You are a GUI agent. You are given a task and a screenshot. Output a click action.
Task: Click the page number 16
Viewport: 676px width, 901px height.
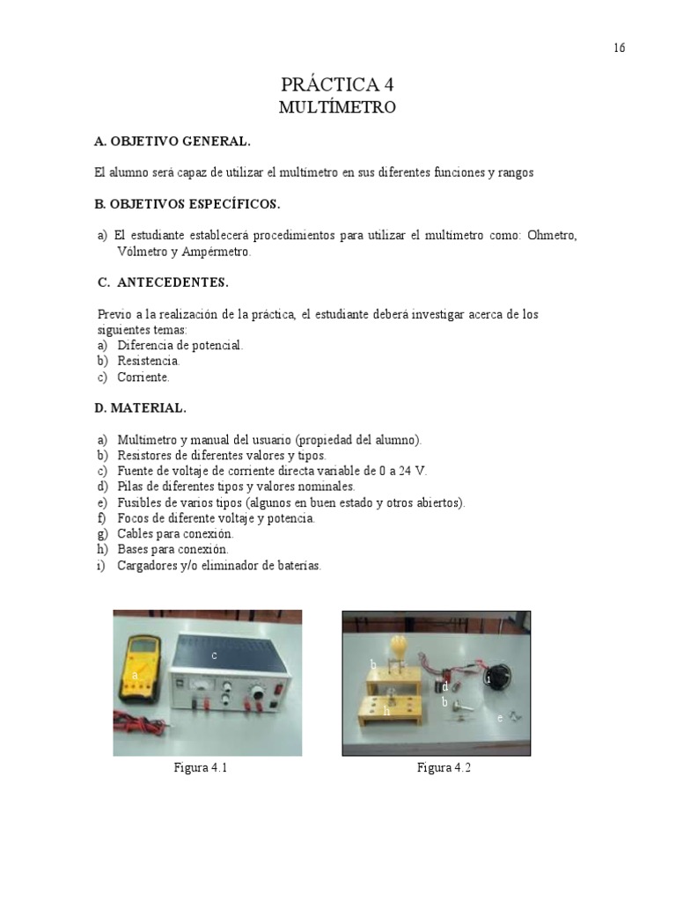coord(620,48)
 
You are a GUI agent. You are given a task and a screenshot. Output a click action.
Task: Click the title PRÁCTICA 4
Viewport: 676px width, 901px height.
coord(337,84)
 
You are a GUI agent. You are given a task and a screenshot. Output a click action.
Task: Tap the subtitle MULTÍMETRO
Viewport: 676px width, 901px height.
coord(337,108)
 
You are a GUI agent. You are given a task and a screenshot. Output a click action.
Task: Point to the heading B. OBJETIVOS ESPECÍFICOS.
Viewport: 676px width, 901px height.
coord(187,204)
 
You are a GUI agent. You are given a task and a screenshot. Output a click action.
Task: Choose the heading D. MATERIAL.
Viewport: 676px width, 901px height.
coord(140,407)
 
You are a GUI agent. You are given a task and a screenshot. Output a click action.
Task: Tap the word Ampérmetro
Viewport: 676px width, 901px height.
coord(213,252)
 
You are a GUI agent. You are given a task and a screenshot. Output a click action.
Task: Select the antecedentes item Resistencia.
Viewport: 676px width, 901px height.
coord(148,361)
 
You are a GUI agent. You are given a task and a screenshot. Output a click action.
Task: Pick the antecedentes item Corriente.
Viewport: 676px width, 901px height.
coord(143,377)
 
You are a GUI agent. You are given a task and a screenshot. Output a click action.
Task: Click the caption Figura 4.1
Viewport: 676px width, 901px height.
coord(201,768)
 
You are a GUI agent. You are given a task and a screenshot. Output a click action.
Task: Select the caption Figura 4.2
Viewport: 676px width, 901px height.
coord(445,768)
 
